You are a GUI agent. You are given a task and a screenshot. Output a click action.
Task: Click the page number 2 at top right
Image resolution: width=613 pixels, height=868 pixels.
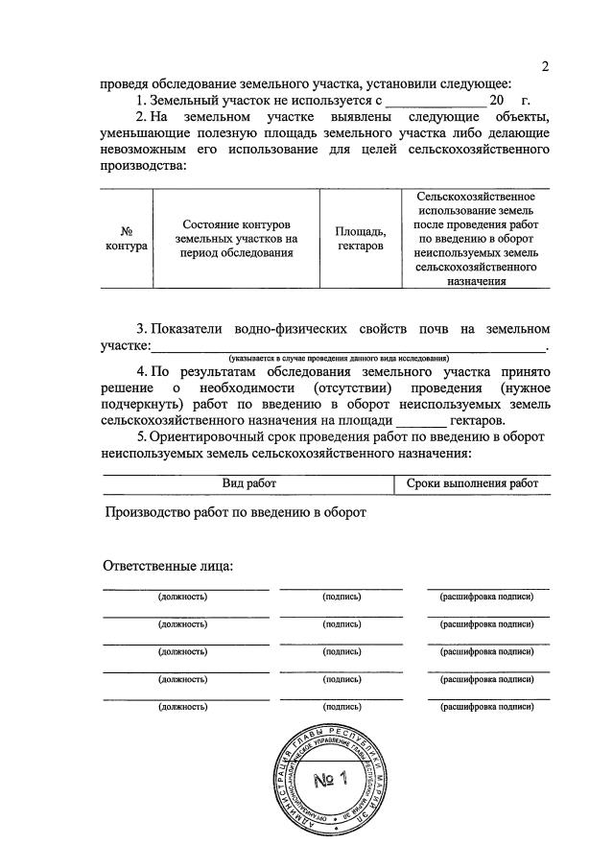pyautogui.click(x=546, y=66)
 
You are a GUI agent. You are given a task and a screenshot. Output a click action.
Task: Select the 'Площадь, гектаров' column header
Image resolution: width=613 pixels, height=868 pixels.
pyautogui.click(x=361, y=239)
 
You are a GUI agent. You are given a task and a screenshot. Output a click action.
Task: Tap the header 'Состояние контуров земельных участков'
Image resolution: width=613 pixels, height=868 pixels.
pyautogui.click(x=235, y=238)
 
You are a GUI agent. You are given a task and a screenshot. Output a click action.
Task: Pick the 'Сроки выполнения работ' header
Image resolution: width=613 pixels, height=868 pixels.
pyautogui.click(x=472, y=483)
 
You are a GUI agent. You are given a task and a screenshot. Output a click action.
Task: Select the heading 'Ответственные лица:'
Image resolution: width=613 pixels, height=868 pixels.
pyautogui.click(x=168, y=565)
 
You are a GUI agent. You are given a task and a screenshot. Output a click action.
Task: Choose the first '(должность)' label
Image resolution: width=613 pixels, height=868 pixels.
pyautogui.click(x=182, y=597)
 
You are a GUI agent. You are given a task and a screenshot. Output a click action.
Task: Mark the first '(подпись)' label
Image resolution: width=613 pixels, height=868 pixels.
pyautogui.click(x=342, y=597)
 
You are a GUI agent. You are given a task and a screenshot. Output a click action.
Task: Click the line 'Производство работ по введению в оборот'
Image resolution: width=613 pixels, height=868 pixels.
pyautogui.click(x=236, y=512)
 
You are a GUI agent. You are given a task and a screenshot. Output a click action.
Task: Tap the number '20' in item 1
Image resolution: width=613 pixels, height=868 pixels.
pyautogui.click(x=496, y=100)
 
